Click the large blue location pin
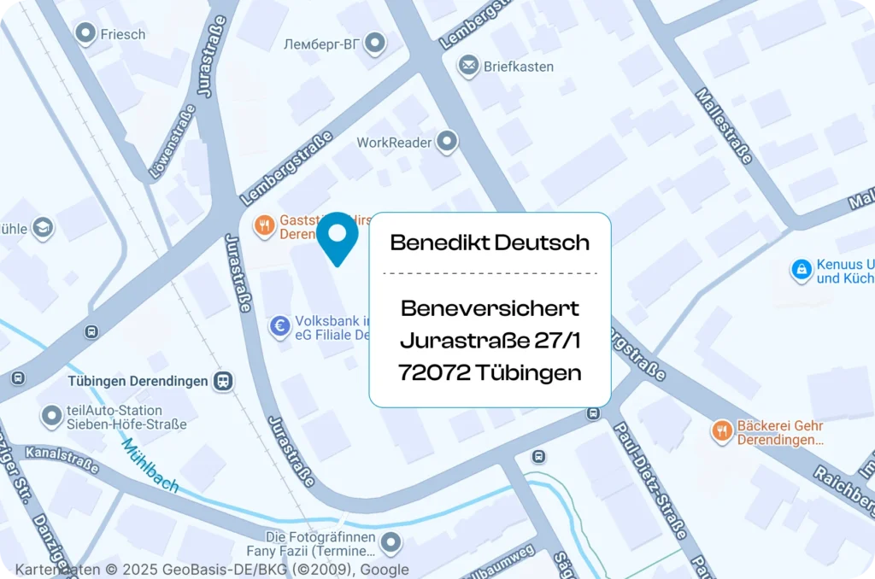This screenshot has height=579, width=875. pos(338,237)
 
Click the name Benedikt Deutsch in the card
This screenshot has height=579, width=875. pos(490,243)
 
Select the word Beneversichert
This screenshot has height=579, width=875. pos(490,308)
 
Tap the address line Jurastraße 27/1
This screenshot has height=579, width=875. pos(490,341)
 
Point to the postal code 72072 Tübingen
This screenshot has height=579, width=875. pos(490,373)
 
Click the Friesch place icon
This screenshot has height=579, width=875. pos(85,34)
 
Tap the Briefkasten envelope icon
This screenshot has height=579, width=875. pos(468,66)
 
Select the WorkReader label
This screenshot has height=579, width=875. pos(394,143)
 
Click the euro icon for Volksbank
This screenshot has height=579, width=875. pos(279,325)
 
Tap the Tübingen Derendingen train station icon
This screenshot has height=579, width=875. pos(224,381)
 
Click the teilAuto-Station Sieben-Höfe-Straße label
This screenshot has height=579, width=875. pos(115,418)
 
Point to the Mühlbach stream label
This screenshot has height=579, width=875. pos(150,465)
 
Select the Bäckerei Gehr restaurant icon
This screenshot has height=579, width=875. pos(722,432)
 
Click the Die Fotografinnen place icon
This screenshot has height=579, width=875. pos(391,541)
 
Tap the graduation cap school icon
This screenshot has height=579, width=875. pos(43,228)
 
